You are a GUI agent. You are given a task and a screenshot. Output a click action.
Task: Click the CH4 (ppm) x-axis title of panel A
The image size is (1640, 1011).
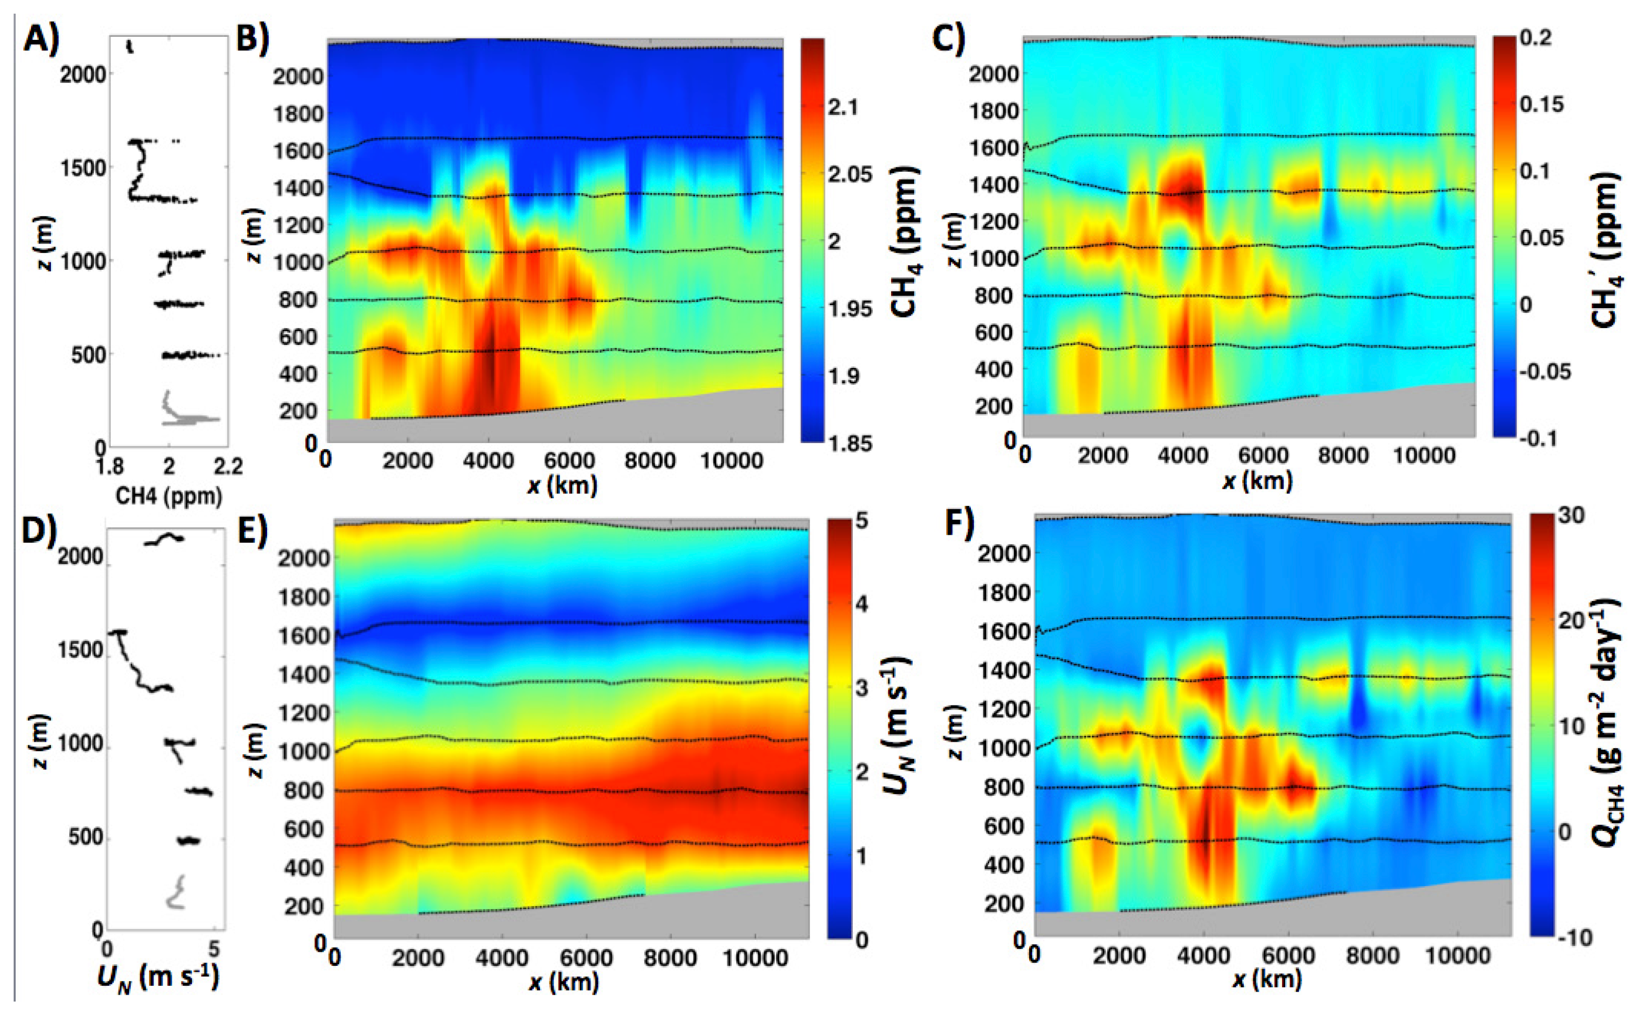(168, 496)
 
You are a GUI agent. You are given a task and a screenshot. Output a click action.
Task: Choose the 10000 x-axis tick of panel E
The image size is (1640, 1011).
(755, 957)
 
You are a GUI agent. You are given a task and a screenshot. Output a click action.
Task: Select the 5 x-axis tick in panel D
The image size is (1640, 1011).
(214, 948)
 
